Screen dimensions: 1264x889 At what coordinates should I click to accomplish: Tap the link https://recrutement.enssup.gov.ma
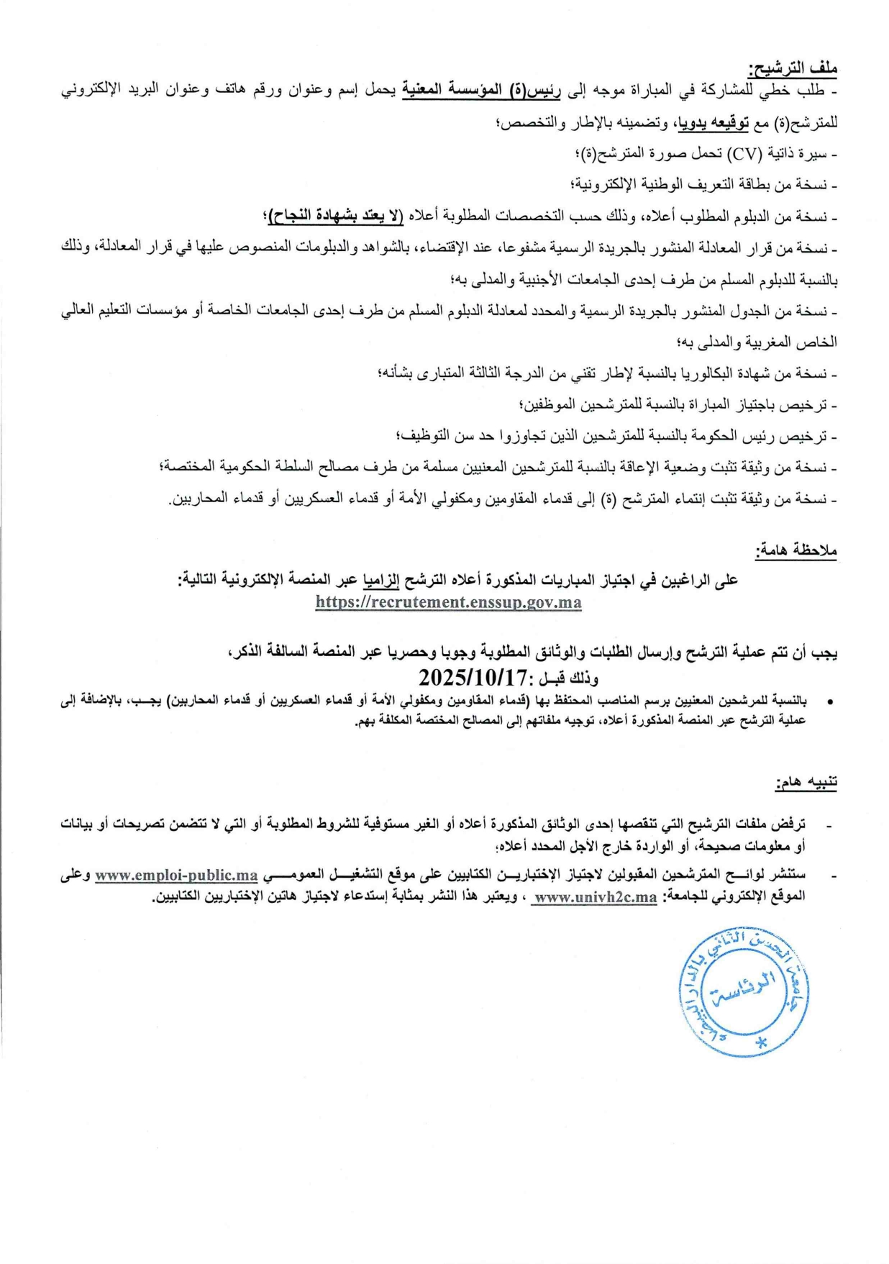[x=448, y=603]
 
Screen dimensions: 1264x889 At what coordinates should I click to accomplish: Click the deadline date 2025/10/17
[x=473, y=677]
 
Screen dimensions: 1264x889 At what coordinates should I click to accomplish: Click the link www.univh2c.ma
[x=595, y=897]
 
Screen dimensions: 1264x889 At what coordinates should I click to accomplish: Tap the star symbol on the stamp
[x=762, y=1042]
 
